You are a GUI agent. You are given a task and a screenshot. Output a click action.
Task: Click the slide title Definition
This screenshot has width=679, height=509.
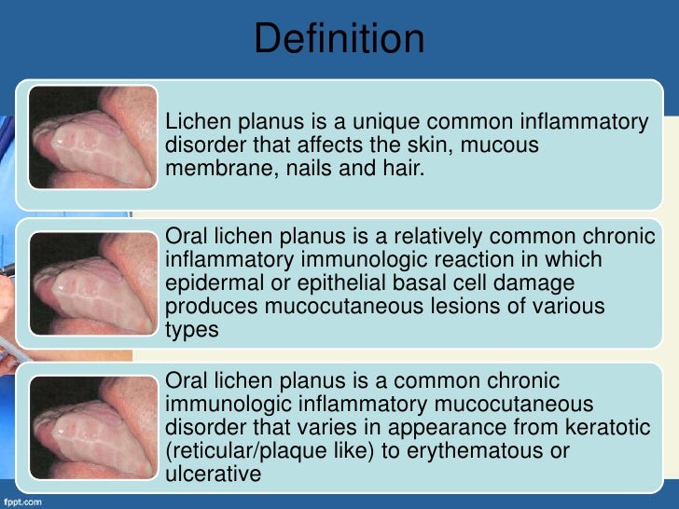tap(339, 39)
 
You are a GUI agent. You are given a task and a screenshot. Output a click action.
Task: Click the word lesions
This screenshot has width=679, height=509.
tap(473, 307)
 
